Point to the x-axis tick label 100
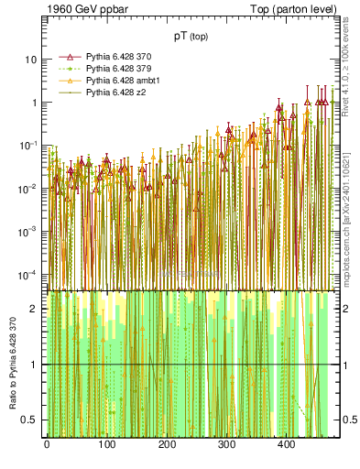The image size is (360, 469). (106, 444)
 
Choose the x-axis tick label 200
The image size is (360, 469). (166, 444)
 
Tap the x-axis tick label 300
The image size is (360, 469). (226, 444)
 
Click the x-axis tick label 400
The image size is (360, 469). (286, 444)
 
